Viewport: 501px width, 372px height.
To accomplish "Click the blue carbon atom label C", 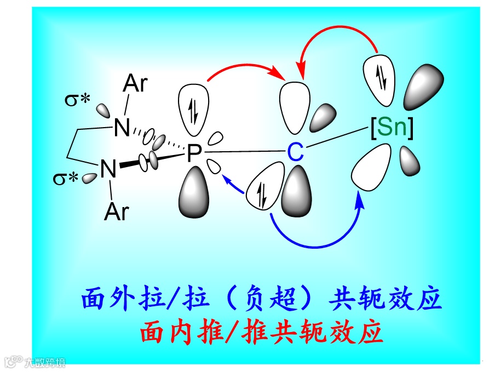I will coord(295,153).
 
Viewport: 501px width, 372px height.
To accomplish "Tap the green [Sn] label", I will coord(391,128).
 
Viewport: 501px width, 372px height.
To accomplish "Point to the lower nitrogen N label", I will coord(108,169).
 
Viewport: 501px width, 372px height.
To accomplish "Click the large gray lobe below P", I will coord(195,192).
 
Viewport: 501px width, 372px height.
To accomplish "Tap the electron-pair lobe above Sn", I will coord(381,77).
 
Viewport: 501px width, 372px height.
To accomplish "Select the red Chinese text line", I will coord(261,331).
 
